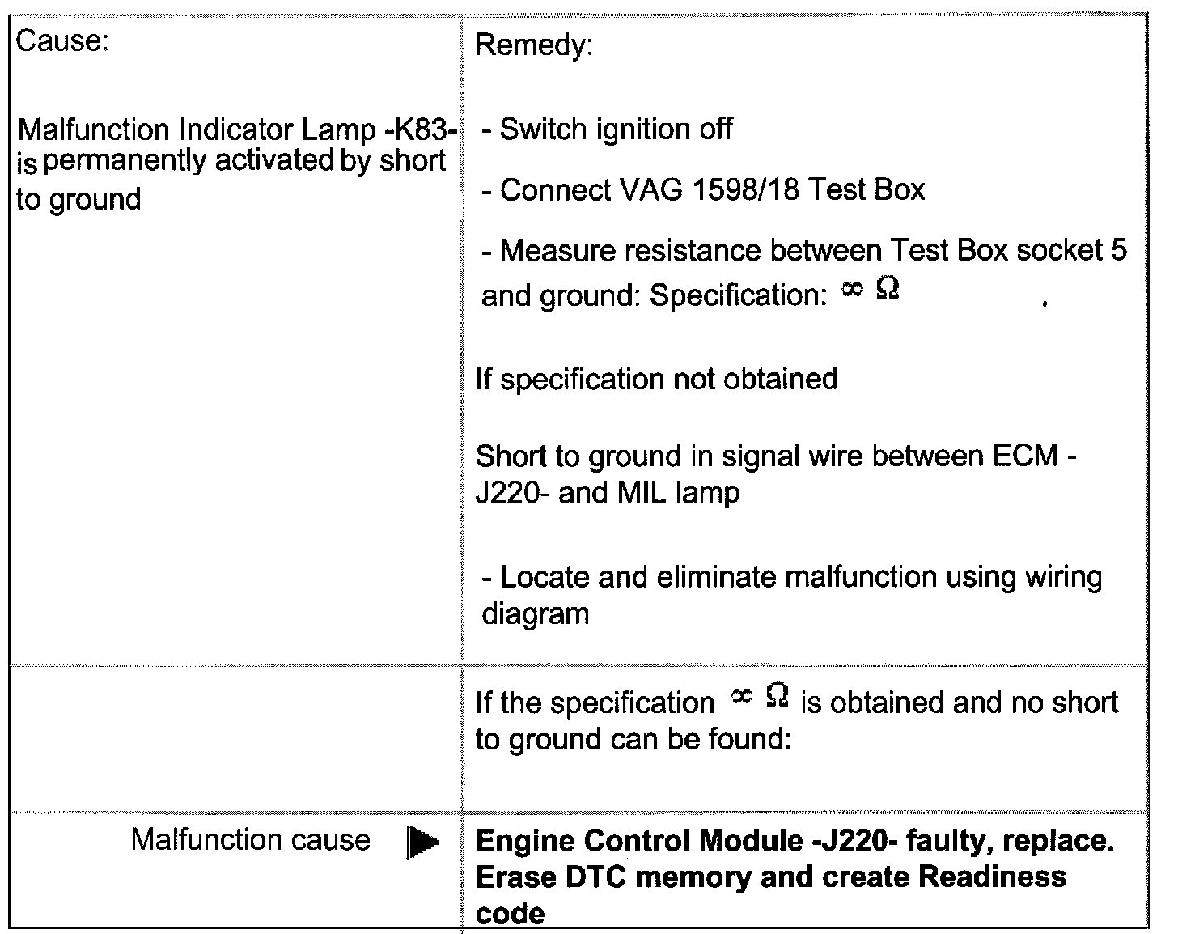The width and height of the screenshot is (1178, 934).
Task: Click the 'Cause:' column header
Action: [x=62, y=40]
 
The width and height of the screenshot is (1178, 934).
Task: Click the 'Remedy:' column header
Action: [x=534, y=45]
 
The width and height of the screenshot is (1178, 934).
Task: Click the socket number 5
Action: [x=1118, y=250]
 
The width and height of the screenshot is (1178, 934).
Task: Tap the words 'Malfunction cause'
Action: [x=250, y=840]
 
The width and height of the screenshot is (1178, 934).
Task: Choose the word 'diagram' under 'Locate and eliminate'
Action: [x=535, y=613]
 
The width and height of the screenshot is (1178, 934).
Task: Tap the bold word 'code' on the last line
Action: [x=510, y=913]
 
